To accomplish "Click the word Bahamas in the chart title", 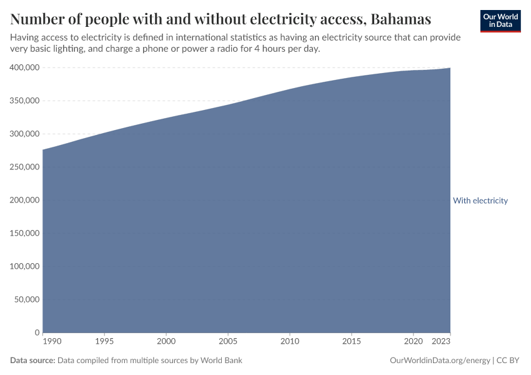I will click(x=400, y=19).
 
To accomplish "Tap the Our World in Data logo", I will click(x=500, y=21).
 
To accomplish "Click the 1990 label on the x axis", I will click(x=52, y=342).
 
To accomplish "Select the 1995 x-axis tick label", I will click(x=104, y=342).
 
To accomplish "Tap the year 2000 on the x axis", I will click(x=166, y=342).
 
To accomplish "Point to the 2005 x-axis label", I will click(x=227, y=342).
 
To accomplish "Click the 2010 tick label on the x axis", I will click(x=289, y=342).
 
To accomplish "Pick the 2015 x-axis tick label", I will click(x=351, y=342).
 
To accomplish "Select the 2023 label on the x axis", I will click(x=441, y=342).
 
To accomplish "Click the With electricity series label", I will click(x=480, y=201).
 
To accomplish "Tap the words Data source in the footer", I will click(x=32, y=361).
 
